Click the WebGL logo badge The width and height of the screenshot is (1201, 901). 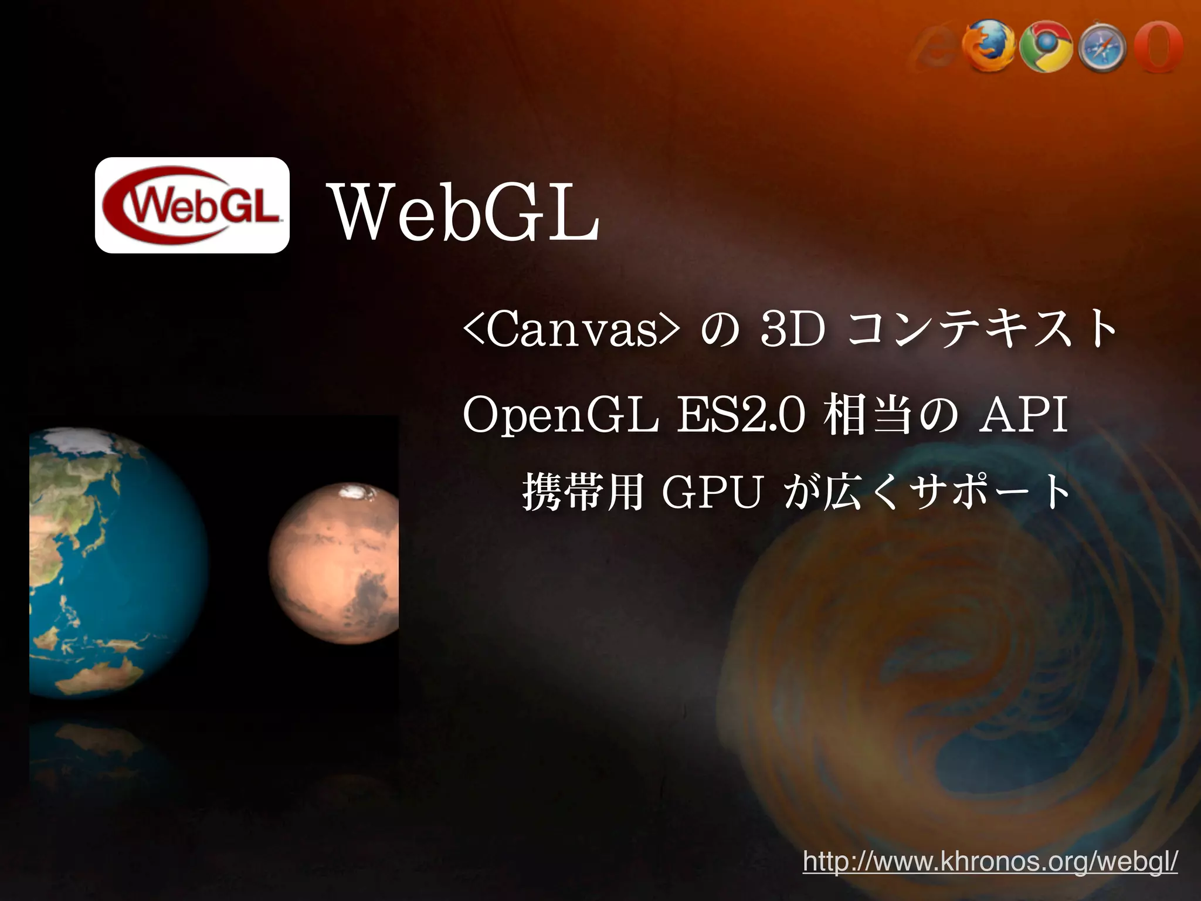click(192, 205)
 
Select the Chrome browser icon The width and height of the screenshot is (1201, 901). click(1046, 47)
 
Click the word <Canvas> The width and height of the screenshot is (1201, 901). click(572, 331)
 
